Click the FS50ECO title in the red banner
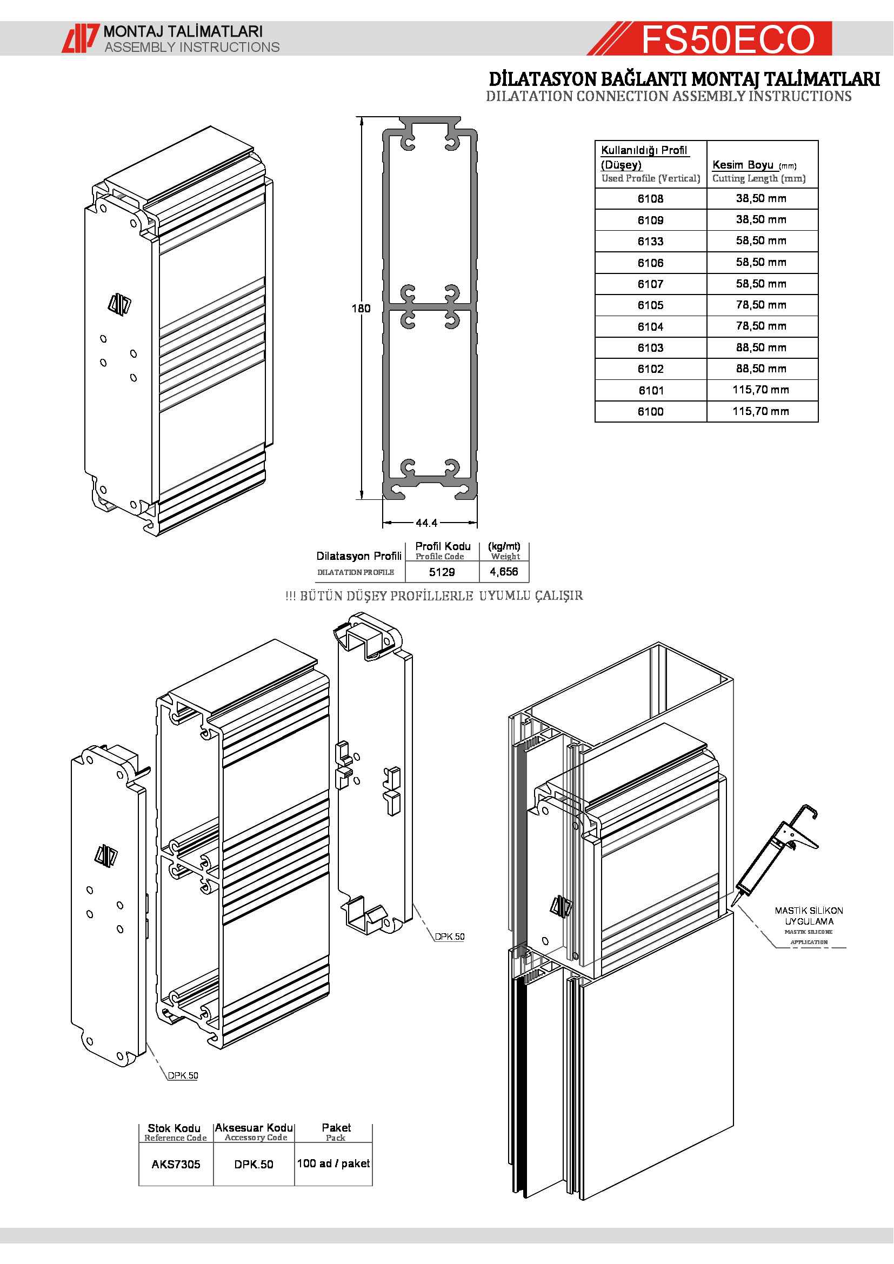coord(727,39)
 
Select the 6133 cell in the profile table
coord(650,241)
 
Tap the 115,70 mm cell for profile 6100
coord(761,411)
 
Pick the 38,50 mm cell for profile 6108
coord(761,198)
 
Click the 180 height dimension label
coord(361,308)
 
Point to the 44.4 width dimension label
coord(426,523)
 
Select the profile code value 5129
coord(442,572)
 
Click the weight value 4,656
coord(504,572)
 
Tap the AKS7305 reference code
coord(176,1165)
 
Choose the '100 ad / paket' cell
coord(333,1163)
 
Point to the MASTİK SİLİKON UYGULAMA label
coord(809,916)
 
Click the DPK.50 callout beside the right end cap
coord(449,937)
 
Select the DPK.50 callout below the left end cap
coord(183,1075)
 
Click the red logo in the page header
coord(81,38)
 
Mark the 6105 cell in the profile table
coord(650,305)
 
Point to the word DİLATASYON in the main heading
coord(542,79)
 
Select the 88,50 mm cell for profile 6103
coord(761,347)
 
